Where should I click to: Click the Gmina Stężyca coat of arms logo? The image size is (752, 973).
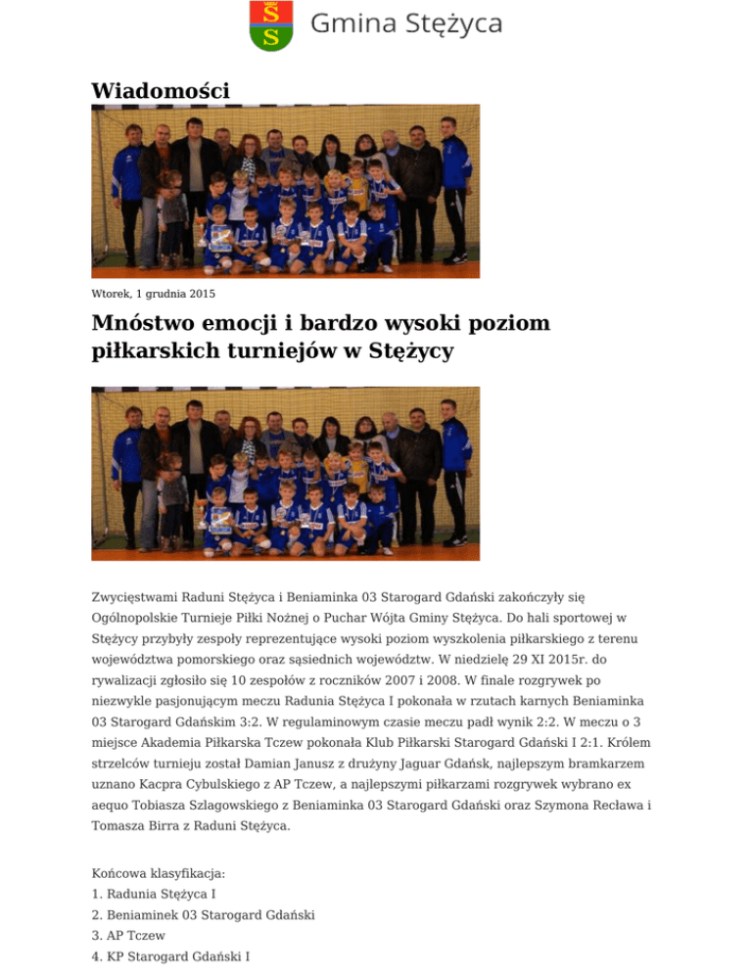point(271,25)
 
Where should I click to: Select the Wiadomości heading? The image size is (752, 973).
point(161,90)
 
